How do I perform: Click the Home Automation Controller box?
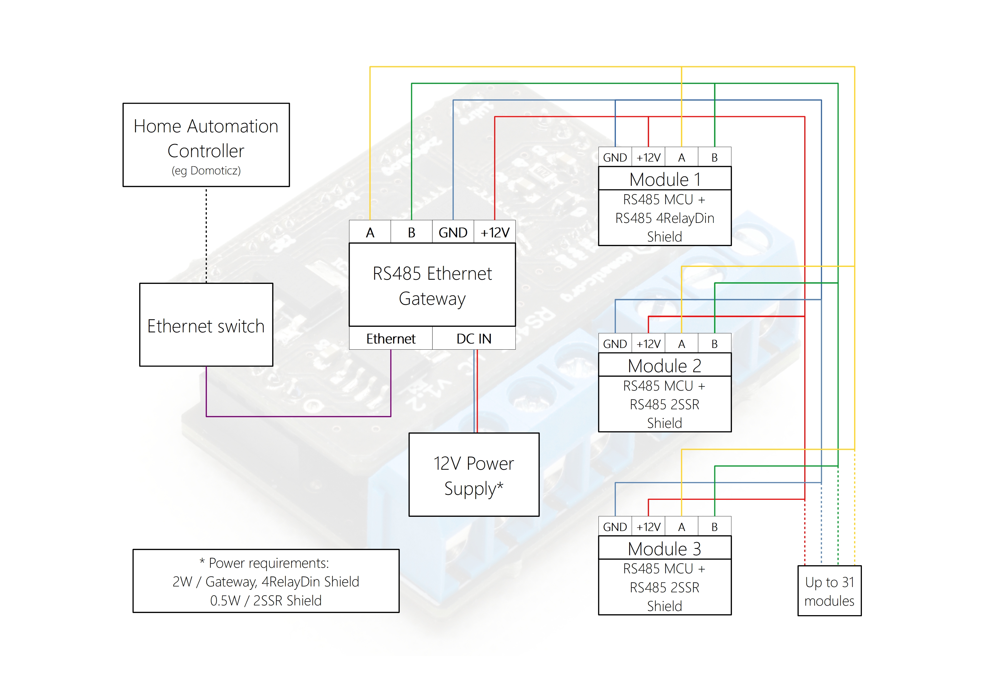206,144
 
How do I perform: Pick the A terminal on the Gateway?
370,232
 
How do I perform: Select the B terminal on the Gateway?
411,232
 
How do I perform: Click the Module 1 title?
665,179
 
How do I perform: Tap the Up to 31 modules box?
829,591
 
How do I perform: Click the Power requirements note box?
266,581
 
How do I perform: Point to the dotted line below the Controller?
206,235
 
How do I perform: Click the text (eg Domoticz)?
206,171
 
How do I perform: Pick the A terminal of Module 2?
681,344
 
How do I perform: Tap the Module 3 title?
665,548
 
